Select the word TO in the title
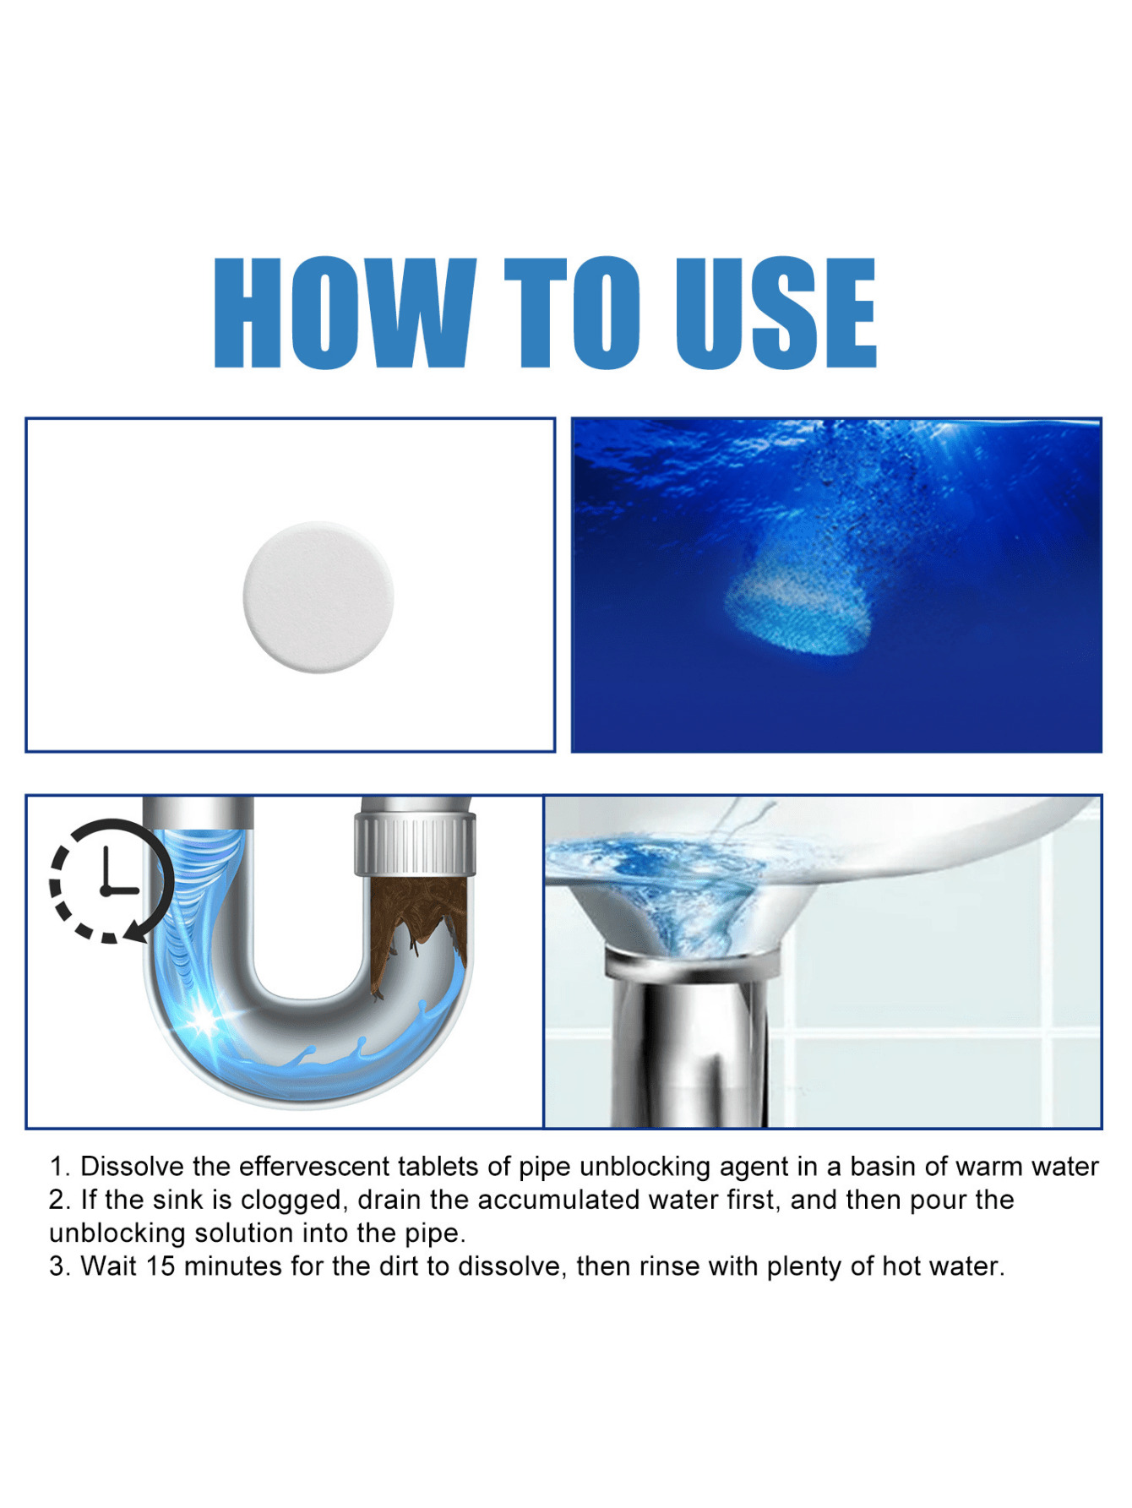click(572, 314)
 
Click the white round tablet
click(318, 597)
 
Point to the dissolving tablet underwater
click(797, 602)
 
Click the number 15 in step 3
click(161, 1266)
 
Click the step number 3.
click(57, 1266)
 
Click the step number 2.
click(57, 1200)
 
